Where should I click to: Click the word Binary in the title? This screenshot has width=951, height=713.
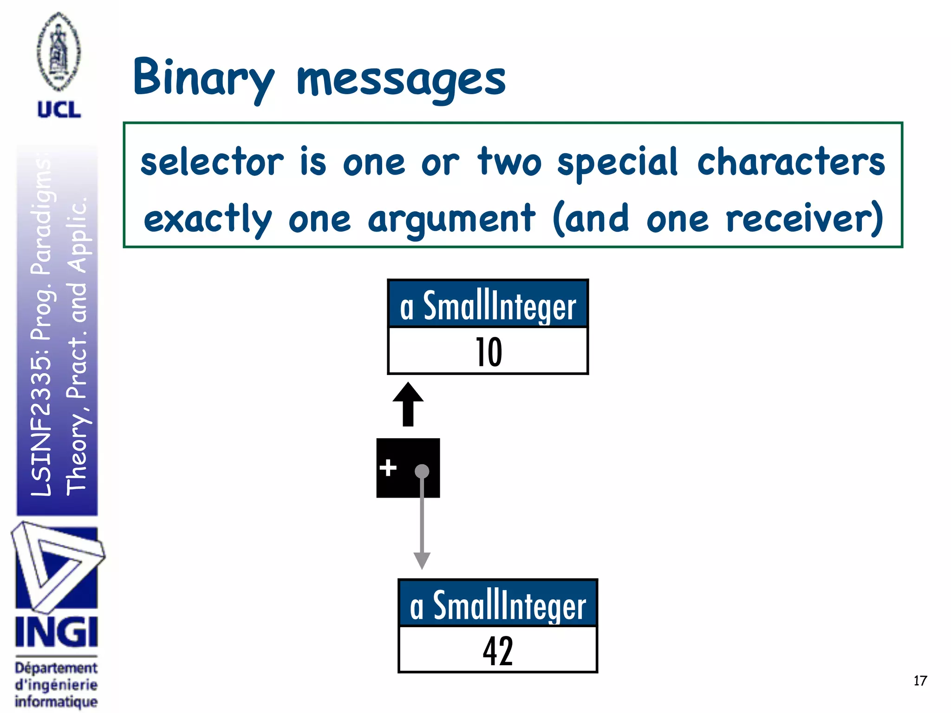coord(203,78)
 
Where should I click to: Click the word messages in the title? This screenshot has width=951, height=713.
coord(401,80)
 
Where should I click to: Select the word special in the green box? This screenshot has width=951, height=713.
coord(618,162)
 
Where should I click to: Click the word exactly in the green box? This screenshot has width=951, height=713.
coord(208,219)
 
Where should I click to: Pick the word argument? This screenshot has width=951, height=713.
coord(451,219)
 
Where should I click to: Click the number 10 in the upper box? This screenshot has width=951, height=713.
coord(489,352)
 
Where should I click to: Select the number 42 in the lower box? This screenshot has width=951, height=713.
coord(498,651)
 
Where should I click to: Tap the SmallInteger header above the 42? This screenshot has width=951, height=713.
coord(498,605)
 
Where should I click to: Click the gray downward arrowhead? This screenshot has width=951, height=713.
coord(422,560)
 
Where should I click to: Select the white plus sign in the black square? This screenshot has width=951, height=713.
coord(388,467)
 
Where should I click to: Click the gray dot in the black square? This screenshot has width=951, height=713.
coord(422,471)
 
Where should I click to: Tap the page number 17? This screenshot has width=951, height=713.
coord(920,681)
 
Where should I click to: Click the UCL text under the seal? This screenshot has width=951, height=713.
coord(59,110)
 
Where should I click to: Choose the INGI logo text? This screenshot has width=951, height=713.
coord(56,632)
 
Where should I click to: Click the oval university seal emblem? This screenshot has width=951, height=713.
coord(59,52)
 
